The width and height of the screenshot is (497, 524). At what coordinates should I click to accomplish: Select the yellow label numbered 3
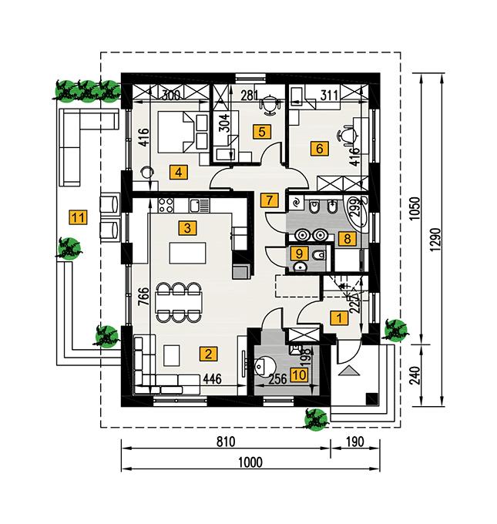click(186, 227)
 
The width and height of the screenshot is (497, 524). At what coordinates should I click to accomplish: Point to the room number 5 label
click(262, 132)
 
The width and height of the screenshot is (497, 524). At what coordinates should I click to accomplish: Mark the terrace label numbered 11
click(76, 217)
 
